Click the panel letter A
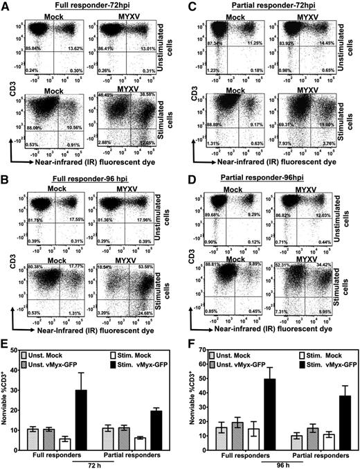pos(6,6)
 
